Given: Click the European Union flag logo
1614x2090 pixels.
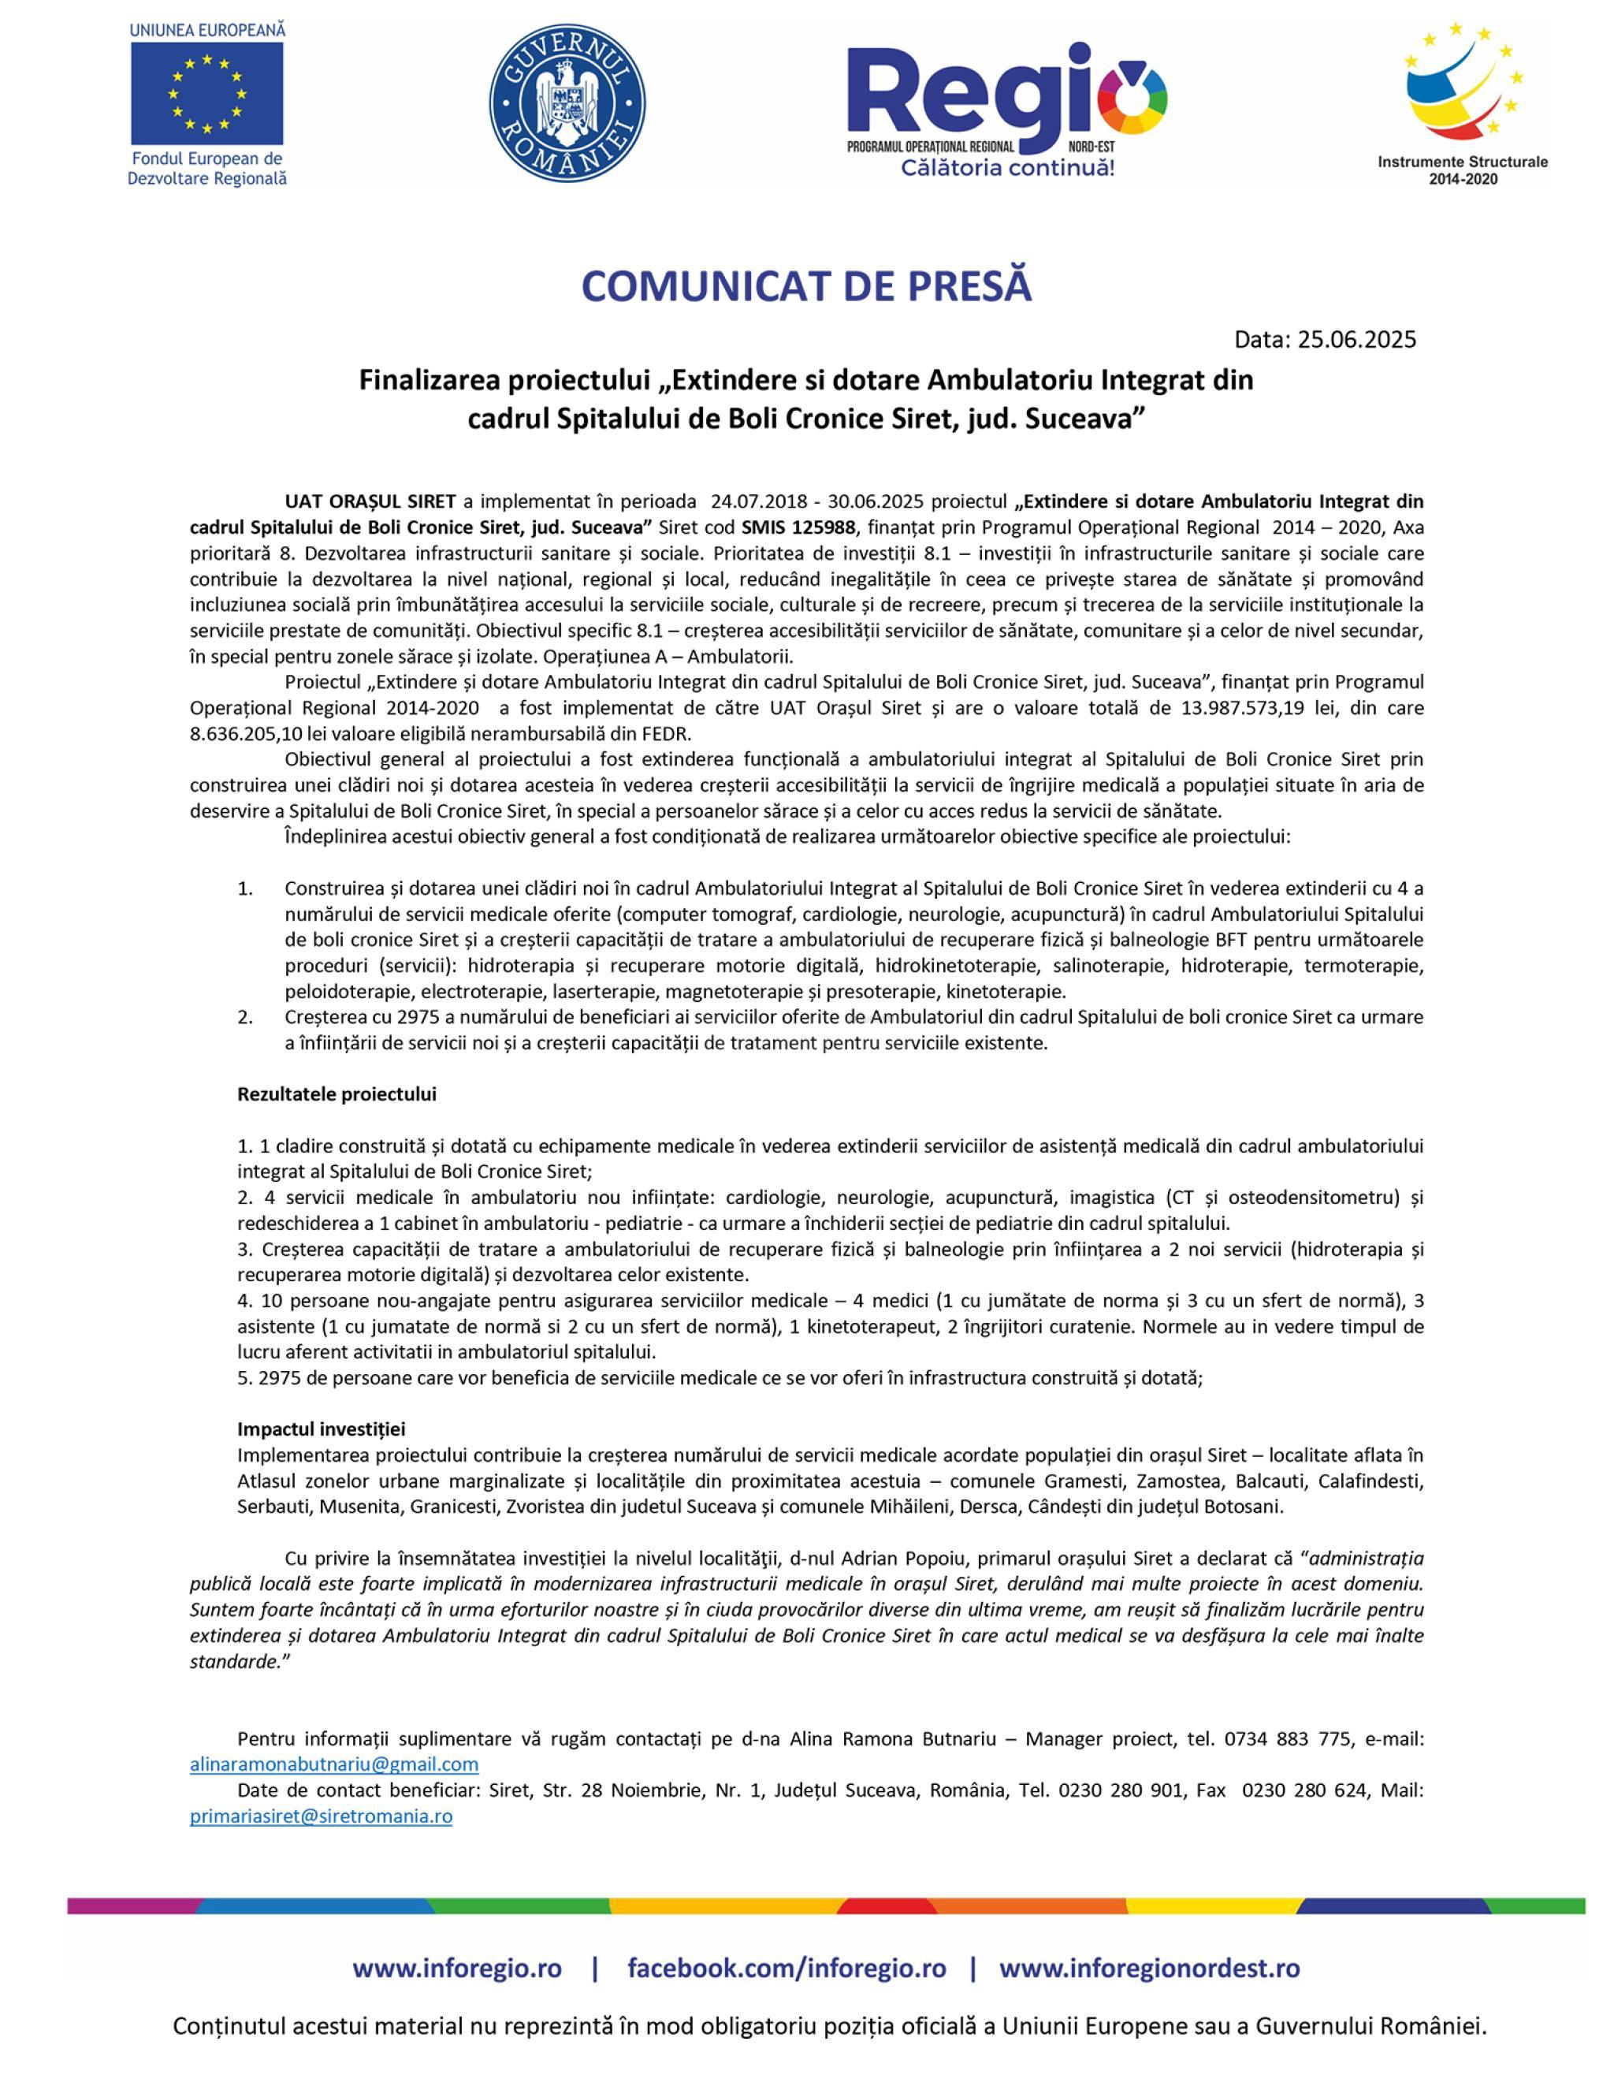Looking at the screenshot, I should (x=206, y=93).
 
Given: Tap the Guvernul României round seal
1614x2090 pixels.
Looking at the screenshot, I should (x=567, y=104).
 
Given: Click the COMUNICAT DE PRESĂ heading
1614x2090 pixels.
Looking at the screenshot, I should (x=806, y=286).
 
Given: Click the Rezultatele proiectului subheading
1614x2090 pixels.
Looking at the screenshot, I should (x=337, y=1093).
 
